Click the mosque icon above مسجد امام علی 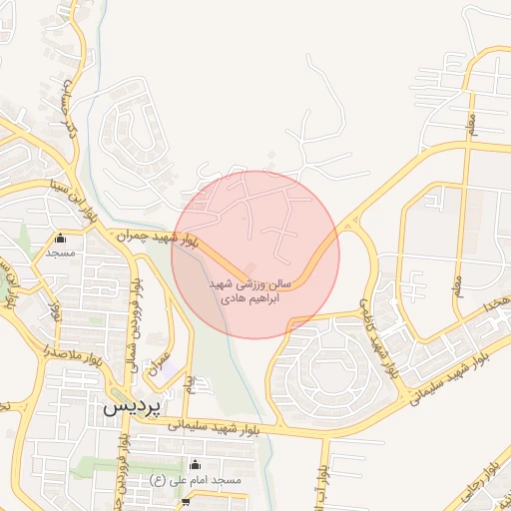point(194,464)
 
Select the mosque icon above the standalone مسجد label point(61,239)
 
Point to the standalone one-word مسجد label point(61,255)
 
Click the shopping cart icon point(185,502)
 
